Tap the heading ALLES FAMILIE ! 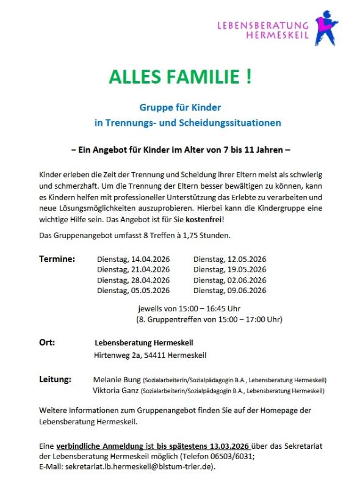point(179,78)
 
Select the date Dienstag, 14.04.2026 point(133,259)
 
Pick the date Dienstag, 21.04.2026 point(133,269)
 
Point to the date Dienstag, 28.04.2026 point(133,280)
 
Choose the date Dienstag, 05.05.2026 point(133,290)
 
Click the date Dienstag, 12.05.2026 point(229,259)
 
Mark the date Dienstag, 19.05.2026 point(229,269)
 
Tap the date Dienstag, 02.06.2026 point(229,280)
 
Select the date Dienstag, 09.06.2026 point(229,290)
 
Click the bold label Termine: point(57,259)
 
